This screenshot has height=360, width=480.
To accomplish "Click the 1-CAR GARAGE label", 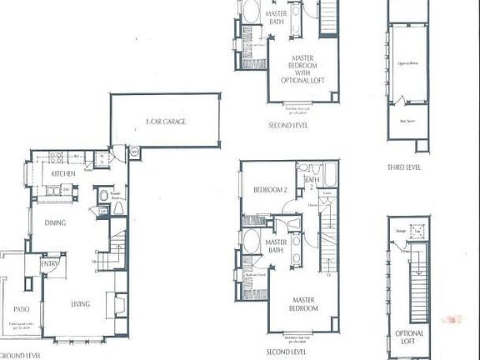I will click(165, 122).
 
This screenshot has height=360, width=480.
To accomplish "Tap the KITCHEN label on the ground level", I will click(64, 173).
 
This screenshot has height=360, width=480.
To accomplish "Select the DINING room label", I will click(56, 222).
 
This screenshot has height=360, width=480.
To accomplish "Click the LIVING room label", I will click(80, 304).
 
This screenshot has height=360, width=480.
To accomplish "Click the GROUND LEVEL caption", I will click(21, 354).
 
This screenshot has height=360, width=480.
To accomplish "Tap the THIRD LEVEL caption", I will click(404, 167).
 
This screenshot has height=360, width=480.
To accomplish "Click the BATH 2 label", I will click(312, 182).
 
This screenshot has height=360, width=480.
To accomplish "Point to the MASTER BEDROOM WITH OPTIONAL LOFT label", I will click(302, 71).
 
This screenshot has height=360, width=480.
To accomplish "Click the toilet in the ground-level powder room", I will click(103, 196).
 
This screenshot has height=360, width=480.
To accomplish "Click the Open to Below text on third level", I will click(407, 63).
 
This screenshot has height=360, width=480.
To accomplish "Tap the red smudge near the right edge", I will click(456, 317).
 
